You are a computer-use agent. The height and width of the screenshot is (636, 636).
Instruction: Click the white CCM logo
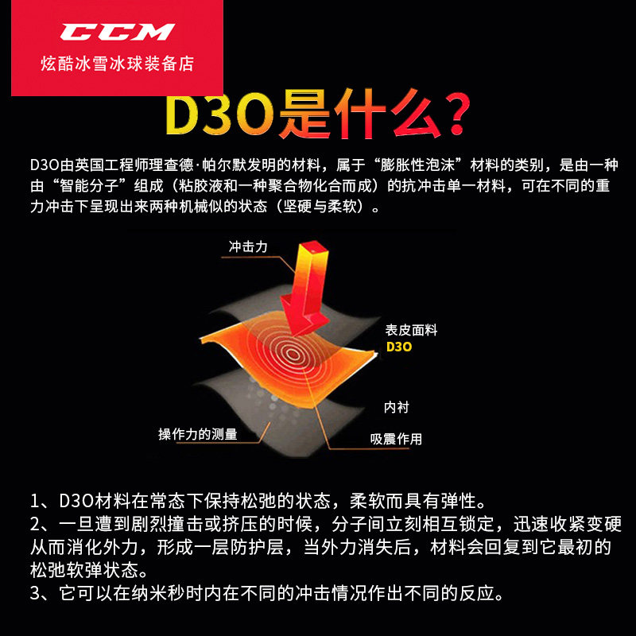117,32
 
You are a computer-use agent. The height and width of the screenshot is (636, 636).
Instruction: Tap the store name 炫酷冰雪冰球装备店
118,64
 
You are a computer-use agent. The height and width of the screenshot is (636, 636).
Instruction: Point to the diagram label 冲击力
248,246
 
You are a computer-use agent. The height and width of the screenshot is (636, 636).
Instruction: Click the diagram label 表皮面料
411,330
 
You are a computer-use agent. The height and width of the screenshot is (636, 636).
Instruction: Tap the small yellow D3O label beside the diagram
399,347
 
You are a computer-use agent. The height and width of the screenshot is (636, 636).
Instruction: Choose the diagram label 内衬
397,407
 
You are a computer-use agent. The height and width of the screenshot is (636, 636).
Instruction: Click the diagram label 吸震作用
396,439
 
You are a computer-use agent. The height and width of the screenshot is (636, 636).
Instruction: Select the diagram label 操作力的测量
197,434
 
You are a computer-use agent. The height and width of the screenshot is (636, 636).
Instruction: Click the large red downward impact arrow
305,287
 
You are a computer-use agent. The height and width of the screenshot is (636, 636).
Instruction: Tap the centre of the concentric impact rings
293,354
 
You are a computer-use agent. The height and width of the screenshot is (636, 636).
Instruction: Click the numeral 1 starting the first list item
35,502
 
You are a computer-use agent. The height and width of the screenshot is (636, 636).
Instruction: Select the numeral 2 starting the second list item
35,525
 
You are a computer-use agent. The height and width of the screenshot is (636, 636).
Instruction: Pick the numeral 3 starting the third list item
35,593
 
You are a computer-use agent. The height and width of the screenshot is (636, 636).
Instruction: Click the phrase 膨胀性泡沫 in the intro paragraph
417,165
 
